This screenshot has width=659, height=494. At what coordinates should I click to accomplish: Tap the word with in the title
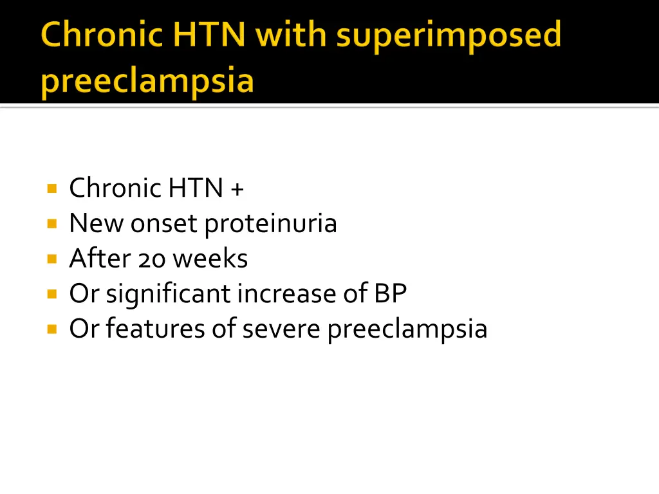pos(293,35)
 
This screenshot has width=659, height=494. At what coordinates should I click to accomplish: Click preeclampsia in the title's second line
pos(147,82)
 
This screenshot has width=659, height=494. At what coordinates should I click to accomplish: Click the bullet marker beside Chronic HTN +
pos(51,189)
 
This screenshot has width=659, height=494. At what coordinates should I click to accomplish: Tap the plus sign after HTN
pos(237,189)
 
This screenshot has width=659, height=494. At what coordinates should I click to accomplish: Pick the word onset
pos(165,224)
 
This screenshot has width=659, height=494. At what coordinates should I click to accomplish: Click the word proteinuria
pos(270,224)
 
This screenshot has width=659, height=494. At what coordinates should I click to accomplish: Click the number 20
pos(151,259)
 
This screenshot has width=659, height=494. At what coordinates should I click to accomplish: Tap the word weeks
pos(210,259)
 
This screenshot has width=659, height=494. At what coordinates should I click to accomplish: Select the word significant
pos(169,294)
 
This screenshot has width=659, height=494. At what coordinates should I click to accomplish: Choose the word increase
pos(283,294)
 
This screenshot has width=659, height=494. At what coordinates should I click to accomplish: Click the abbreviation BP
pos(390,294)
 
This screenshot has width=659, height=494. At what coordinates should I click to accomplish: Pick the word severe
pos(281,329)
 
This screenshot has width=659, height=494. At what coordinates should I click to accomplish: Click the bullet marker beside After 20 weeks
pos(51,259)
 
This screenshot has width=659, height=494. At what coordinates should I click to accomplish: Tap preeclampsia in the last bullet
pos(407,329)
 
